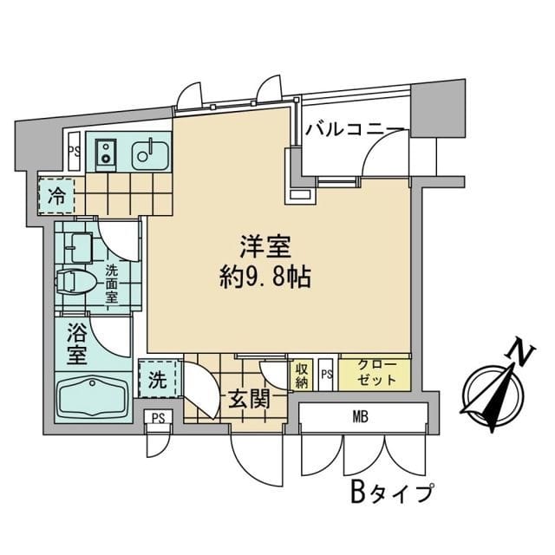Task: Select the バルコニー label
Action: (355, 130)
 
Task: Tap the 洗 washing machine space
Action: (158, 379)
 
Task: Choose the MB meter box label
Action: (361, 418)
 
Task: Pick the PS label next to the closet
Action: (326, 374)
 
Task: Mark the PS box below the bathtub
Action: (158, 417)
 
